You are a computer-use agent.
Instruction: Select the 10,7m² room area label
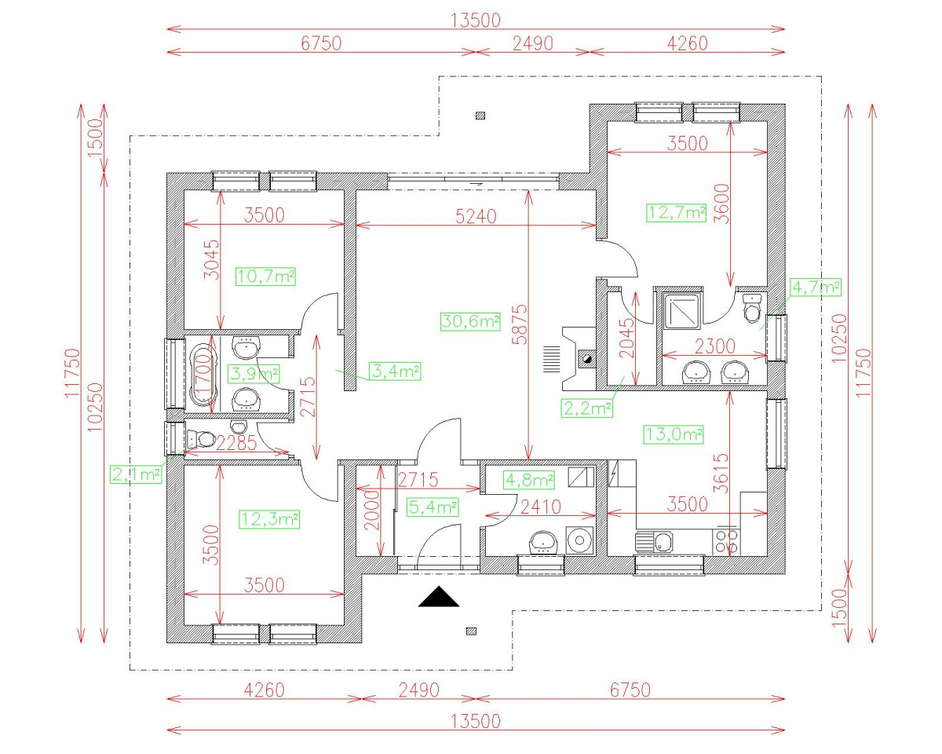click(x=265, y=276)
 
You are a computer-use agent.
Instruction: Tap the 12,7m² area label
click(x=677, y=212)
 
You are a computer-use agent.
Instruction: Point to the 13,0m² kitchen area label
click(x=674, y=434)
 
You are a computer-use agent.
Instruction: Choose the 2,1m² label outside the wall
click(x=137, y=474)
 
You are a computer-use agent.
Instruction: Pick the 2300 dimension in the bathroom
click(x=714, y=346)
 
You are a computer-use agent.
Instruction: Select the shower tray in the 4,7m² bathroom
click(x=681, y=311)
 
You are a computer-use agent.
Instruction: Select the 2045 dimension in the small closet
click(x=627, y=339)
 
